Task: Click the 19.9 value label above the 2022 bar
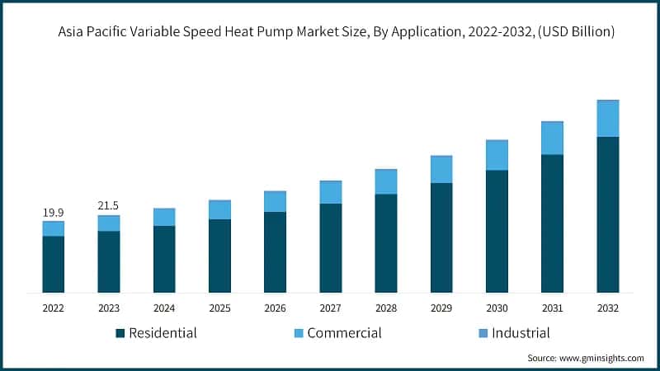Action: tap(53, 213)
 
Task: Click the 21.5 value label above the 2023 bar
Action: tap(108, 204)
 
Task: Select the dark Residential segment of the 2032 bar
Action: tap(607, 214)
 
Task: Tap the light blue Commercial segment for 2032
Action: tap(607, 118)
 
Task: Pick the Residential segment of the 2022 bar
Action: tap(53, 264)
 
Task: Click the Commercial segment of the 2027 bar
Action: tap(330, 192)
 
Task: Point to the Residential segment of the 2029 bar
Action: tap(441, 237)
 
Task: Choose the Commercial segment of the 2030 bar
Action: tap(497, 155)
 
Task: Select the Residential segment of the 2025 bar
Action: tap(219, 256)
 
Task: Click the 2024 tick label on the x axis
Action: tap(164, 308)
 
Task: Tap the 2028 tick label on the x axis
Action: tap(385, 308)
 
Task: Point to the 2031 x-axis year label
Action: tap(552, 308)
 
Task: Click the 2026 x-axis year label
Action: tap(275, 308)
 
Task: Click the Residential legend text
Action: tap(163, 333)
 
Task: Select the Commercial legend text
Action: tap(344, 333)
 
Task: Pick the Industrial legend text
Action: tap(521, 333)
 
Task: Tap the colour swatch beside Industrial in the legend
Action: tap(482, 334)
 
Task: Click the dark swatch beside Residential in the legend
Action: tap(120, 334)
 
